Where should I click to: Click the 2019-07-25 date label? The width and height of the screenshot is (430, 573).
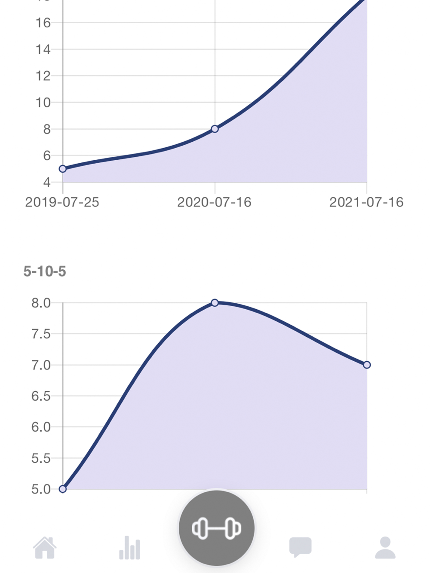click(62, 202)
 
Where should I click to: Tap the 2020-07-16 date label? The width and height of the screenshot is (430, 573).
click(214, 202)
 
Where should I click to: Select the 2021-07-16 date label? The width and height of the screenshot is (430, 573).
click(366, 202)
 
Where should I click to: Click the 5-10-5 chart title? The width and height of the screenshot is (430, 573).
click(45, 271)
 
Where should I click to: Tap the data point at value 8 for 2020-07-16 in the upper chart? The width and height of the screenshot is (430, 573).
click(215, 129)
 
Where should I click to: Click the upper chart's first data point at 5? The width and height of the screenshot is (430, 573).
click(63, 169)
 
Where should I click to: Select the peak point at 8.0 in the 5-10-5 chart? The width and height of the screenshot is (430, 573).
click(215, 303)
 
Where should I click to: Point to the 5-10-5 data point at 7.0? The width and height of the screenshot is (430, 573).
click(367, 365)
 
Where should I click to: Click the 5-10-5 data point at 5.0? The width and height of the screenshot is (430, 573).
click(63, 489)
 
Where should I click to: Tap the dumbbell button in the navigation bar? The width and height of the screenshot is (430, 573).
click(216, 528)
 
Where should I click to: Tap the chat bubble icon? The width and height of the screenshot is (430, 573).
click(300, 547)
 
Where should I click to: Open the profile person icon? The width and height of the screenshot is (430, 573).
click(385, 548)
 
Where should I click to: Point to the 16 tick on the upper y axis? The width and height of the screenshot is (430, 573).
click(43, 23)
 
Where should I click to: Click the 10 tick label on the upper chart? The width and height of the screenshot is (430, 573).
click(43, 103)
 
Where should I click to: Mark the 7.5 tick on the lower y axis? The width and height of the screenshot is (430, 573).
click(41, 334)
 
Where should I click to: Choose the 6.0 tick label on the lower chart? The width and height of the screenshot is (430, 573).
click(41, 427)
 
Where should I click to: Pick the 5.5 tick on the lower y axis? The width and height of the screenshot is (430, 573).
click(41, 458)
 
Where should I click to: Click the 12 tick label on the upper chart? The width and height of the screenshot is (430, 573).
click(43, 76)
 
